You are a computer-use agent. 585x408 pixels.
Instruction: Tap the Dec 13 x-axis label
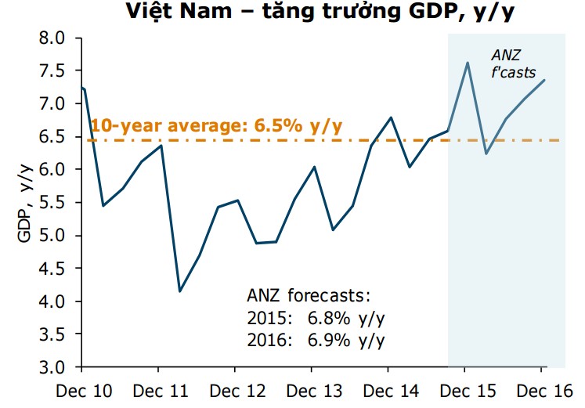tap(311, 389)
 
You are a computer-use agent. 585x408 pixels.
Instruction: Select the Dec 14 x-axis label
tap(388, 389)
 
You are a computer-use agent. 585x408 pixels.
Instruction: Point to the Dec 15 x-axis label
tap(464, 389)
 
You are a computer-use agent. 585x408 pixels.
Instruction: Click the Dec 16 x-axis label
tap(541, 389)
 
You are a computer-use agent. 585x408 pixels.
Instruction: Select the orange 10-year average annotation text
tap(216, 125)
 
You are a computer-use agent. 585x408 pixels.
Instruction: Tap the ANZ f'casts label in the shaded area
tap(512, 63)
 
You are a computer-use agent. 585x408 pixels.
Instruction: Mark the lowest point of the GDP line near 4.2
tap(180, 291)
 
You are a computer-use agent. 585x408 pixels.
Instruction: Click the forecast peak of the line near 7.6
tap(467, 63)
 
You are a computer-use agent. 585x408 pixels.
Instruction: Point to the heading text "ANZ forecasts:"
tap(308, 297)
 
